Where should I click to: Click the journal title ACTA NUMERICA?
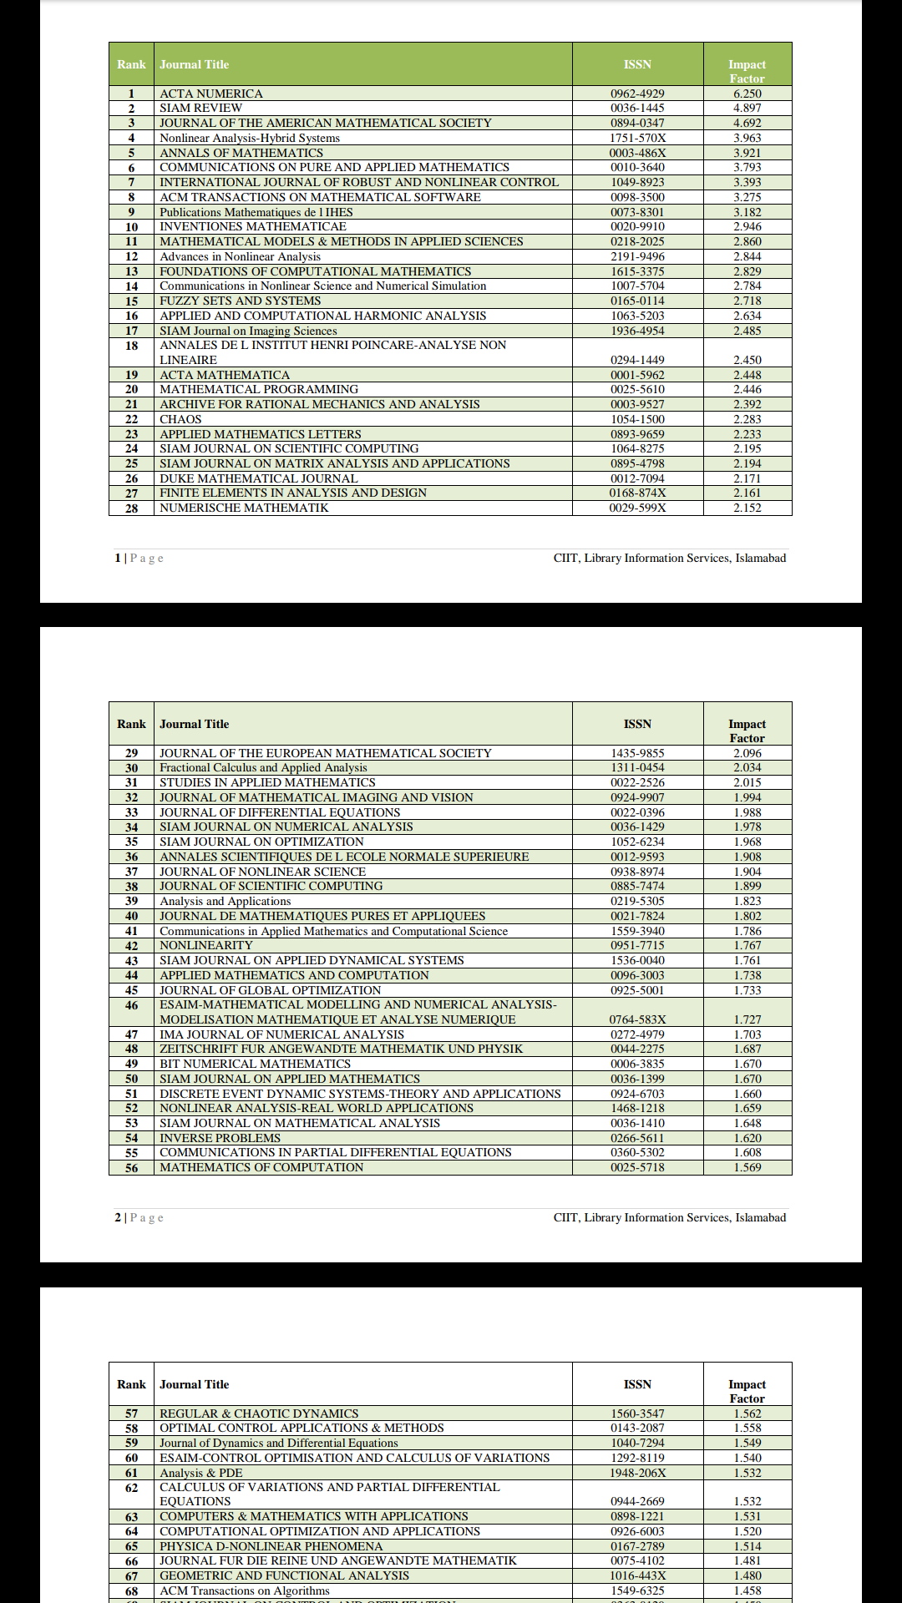pyautogui.click(x=211, y=94)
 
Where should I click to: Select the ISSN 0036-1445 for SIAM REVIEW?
pyautogui.click(x=637, y=108)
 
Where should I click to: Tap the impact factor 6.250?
pyautogui.click(x=747, y=94)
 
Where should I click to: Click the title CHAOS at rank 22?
pyautogui.click(x=180, y=419)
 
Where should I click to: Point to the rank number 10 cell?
pyautogui.click(x=131, y=227)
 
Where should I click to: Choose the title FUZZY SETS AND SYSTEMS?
pyautogui.click(x=240, y=301)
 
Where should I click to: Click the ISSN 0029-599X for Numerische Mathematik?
pyautogui.click(x=637, y=508)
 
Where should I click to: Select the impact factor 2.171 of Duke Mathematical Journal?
pyautogui.click(x=747, y=478)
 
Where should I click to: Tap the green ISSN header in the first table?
pyautogui.click(x=637, y=64)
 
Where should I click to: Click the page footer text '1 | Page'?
pyautogui.click(x=139, y=558)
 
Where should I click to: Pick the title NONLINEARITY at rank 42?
pyautogui.click(x=206, y=945)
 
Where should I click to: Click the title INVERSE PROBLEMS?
pyautogui.click(x=220, y=1138)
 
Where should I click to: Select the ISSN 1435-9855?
pyautogui.click(x=637, y=753)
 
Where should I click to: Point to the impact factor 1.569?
pyautogui.click(x=747, y=1167)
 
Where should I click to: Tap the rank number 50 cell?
pyautogui.click(x=131, y=1079)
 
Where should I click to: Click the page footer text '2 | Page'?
pyautogui.click(x=139, y=1217)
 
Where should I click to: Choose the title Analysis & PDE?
pyautogui.click(x=200, y=1473)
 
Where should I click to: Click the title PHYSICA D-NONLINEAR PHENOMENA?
pyautogui.click(x=271, y=1546)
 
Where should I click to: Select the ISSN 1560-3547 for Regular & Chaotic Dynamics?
pyautogui.click(x=637, y=1413)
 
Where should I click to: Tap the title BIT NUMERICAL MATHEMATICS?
pyautogui.click(x=255, y=1064)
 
